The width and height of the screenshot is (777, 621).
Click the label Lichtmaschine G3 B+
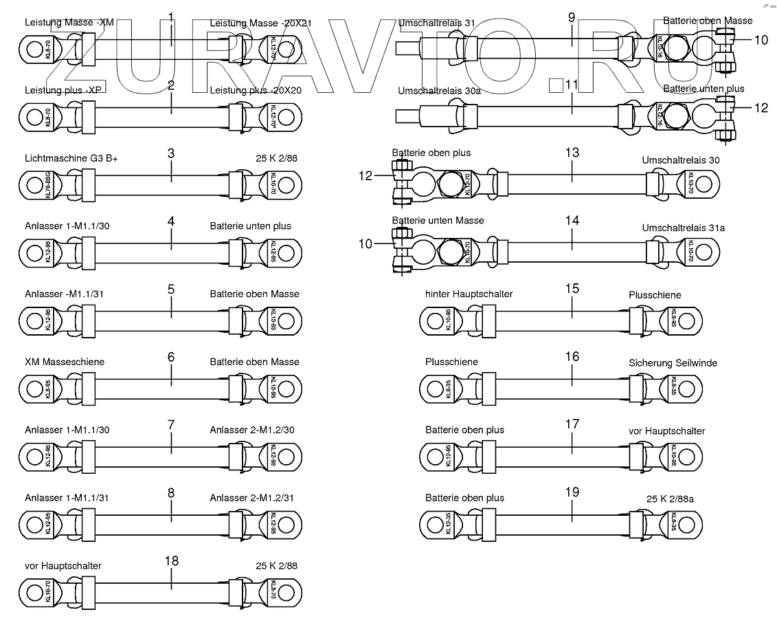tap(71, 158)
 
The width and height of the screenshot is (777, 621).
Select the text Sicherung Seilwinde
tap(671, 362)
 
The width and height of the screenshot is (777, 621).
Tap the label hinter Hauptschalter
tap(469, 294)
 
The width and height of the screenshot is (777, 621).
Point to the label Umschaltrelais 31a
tap(683, 227)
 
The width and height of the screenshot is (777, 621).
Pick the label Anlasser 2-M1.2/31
tap(252, 498)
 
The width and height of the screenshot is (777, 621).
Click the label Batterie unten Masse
tap(438, 221)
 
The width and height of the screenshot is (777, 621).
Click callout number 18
tap(171, 560)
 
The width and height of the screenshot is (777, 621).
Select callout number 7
tap(171, 424)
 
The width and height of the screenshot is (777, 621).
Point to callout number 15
tap(572, 288)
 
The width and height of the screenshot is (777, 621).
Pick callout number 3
tap(171, 153)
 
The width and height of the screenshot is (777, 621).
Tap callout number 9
tap(572, 17)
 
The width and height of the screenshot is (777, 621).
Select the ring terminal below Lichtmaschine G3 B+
tap(34, 185)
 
